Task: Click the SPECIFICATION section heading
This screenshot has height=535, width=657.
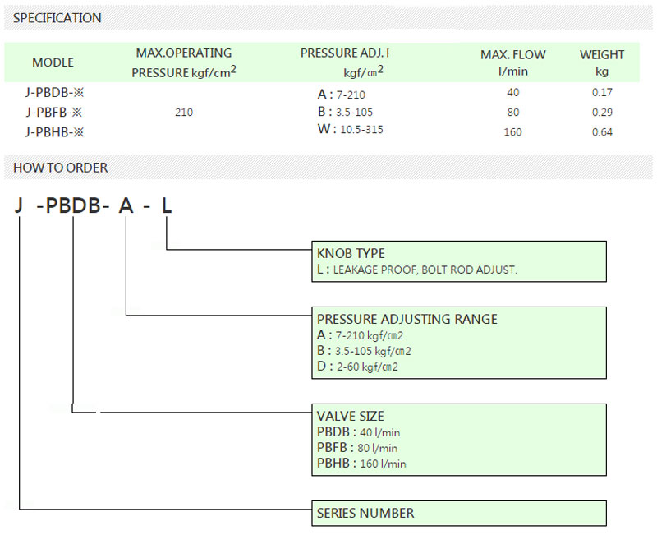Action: (57, 18)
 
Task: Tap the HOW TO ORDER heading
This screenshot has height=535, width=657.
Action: (60, 168)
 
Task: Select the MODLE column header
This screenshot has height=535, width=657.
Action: (53, 62)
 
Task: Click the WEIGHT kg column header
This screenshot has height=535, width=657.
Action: (602, 62)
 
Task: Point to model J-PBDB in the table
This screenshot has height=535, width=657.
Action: (54, 92)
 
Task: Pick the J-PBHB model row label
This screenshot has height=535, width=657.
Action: (54, 132)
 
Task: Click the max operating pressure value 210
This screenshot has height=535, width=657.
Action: (184, 112)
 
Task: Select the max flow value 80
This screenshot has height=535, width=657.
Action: (512, 112)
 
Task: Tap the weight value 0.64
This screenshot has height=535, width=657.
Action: (602, 132)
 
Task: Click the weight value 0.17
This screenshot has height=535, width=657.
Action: (602, 92)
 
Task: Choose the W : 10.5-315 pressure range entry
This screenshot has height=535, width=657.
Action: (351, 129)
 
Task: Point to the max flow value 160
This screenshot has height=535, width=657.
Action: (512, 132)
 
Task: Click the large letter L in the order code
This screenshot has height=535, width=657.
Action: (167, 206)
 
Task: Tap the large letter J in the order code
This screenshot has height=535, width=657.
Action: (18, 206)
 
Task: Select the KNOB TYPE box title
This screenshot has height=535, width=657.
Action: (351, 253)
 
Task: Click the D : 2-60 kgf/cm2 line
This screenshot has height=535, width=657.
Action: (357, 367)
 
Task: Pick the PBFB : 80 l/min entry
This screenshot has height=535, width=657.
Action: (357, 448)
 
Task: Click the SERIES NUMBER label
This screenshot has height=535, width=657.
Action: (365, 513)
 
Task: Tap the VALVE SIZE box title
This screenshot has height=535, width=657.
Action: (351, 416)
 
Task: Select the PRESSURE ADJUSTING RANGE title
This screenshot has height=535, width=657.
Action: (407, 319)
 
